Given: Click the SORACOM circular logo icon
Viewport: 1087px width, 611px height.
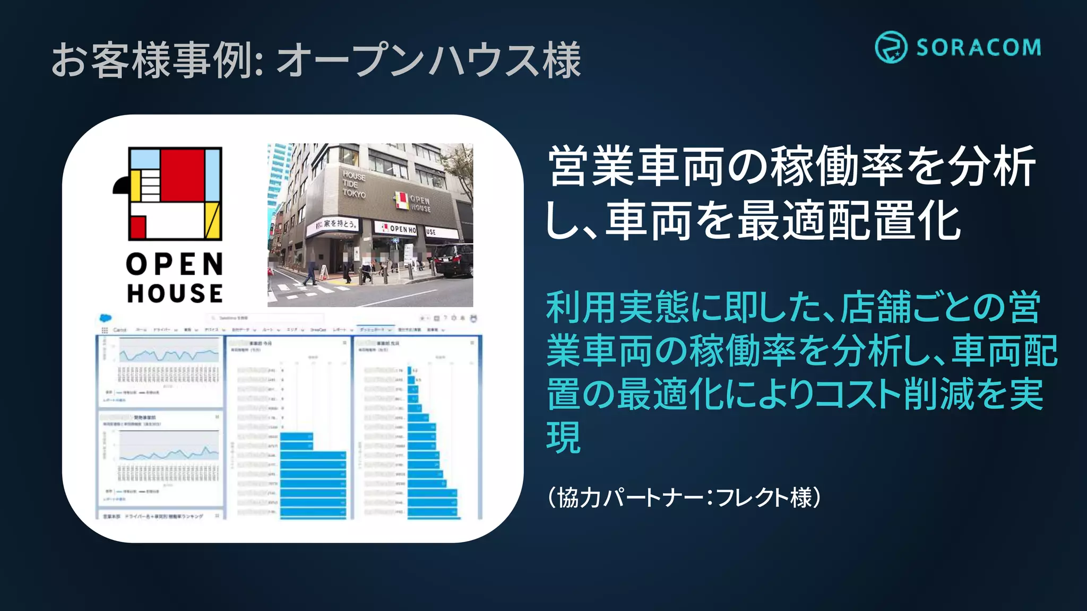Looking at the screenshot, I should [x=891, y=47].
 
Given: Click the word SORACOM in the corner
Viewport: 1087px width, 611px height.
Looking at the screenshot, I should [x=978, y=48].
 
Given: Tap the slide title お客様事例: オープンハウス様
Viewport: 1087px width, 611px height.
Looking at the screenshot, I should [x=316, y=60].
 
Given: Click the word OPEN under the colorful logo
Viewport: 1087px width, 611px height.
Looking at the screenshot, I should [x=175, y=264].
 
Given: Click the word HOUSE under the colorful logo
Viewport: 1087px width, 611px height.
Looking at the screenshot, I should [x=175, y=293].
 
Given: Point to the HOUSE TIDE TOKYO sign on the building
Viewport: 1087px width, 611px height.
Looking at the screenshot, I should [x=353, y=184].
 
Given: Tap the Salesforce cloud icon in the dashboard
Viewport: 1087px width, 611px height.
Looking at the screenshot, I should [x=106, y=318].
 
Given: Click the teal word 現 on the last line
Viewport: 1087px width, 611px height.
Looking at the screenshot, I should [x=564, y=438].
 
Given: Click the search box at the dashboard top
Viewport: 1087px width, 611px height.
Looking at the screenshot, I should [x=265, y=318].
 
